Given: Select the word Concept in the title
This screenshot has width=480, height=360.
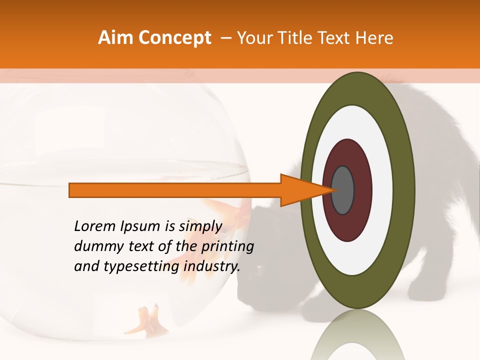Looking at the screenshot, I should pyautogui.click(x=175, y=38).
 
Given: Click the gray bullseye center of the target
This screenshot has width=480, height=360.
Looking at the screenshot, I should pyautogui.click(x=343, y=190).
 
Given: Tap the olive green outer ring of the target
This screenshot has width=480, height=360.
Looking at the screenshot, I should pyautogui.click(x=406, y=190).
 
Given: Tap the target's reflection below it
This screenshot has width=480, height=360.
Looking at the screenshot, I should pyautogui.click(x=357, y=337).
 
